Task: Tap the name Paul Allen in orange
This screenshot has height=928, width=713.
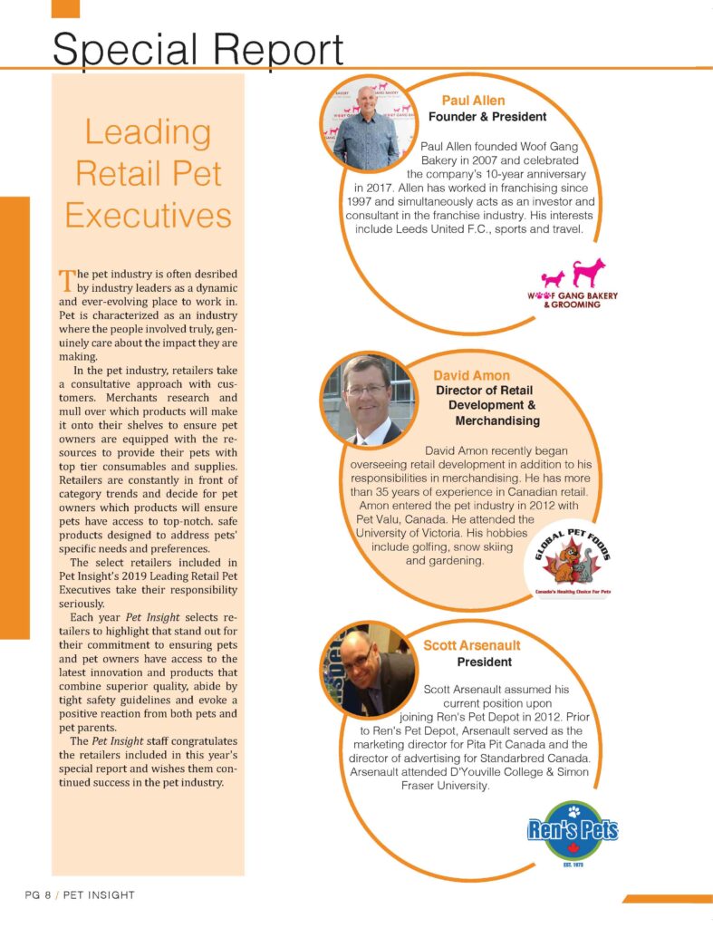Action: point(473,100)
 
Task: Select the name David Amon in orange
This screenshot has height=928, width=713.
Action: point(471,375)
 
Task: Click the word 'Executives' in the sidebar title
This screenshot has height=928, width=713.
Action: point(148,216)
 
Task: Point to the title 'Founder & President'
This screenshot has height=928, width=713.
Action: point(487,117)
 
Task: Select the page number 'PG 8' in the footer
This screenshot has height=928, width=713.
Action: point(37,895)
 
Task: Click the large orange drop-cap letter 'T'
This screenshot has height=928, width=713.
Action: point(65,277)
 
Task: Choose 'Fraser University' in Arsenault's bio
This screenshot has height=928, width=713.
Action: point(445,786)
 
